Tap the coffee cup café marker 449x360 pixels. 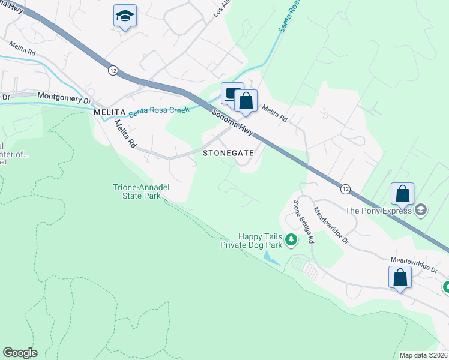[232, 94]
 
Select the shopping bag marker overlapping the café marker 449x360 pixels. [246, 101]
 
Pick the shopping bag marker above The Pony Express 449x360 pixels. [402, 194]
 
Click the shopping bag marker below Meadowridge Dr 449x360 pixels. [400, 278]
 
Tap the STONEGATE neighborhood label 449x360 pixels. [229, 153]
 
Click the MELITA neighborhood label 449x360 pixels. [109, 113]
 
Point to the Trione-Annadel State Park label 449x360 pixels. [142, 191]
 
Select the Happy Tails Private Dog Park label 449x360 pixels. [252, 241]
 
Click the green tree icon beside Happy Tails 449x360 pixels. [291, 240]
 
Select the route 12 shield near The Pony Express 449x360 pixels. [345, 189]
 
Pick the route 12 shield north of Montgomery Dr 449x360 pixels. [113, 70]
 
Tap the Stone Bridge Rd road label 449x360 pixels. [304, 220]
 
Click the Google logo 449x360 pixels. [20, 353]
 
